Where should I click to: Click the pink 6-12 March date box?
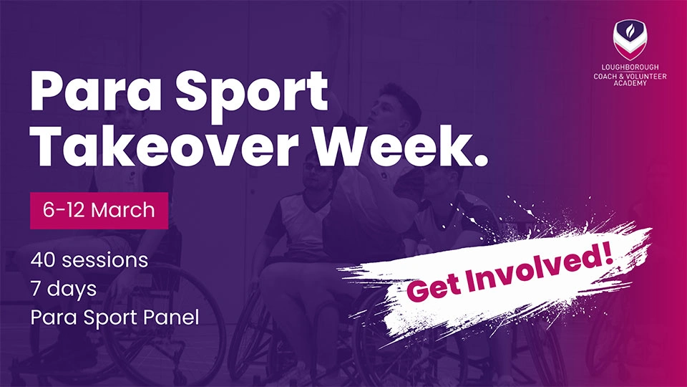(x=99, y=211)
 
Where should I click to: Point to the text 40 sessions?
(x=89, y=260)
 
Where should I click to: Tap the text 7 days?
(x=64, y=290)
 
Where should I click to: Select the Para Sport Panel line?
(x=114, y=317)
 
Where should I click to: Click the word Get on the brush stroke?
(x=434, y=287)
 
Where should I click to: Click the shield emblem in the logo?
(x=630, y=39)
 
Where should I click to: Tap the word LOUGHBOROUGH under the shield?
(x=630, y=67)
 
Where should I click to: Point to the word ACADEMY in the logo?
(x=630, y=83)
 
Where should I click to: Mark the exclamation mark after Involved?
(x=608, y=255)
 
